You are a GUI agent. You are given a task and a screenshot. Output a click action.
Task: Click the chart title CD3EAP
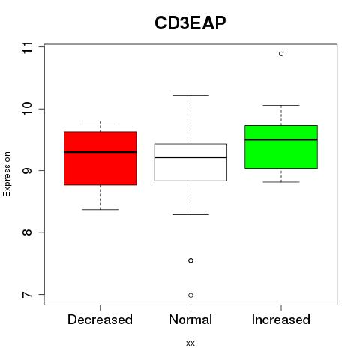[x=190, y=23]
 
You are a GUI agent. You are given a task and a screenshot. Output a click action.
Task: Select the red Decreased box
[x=100, y=158]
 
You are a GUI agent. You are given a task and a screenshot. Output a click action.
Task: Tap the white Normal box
[x=190, y=163]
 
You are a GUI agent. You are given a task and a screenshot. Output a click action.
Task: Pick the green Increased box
[x=281, y=147]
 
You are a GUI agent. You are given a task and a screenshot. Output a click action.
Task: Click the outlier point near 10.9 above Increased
[x=281, y=54]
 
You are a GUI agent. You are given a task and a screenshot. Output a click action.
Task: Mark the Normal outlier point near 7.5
[x=190, y=260]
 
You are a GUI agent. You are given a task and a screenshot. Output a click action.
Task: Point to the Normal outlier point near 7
[x=190, y=295]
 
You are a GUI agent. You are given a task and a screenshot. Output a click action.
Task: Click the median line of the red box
[x=100, y=152]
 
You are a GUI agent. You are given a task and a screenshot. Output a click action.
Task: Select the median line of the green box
[x=281, y=139]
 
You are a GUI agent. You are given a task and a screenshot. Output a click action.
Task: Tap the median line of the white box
[x=190, y=157]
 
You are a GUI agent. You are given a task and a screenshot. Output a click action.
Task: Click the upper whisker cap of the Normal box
[x=190, y=95]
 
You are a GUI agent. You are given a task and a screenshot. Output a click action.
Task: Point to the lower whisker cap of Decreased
[x=100, y=209]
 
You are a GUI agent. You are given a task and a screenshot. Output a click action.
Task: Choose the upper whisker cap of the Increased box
[x=281, y=105]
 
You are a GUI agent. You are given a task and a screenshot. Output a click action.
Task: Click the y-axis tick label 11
[x=28, y=47]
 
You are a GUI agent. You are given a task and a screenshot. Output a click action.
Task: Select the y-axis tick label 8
[x=28, y=232]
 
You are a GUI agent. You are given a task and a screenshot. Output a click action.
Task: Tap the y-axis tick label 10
[x=28, y=108]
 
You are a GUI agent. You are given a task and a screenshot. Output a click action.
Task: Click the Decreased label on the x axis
[x=100, y=319]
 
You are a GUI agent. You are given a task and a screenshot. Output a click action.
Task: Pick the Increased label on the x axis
[x=281, y=319]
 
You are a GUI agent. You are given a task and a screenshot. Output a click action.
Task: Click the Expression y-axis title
[x=7, y=174]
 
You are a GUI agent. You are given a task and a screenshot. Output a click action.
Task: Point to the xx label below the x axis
[x=190, y=343]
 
